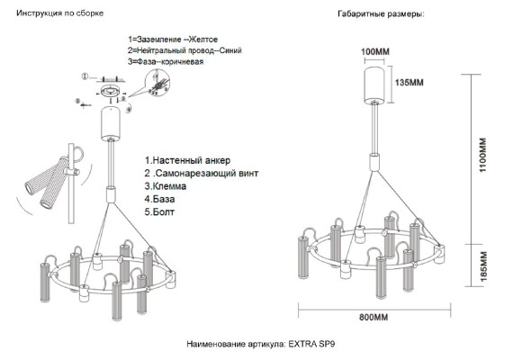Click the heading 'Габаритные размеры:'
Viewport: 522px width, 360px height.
click(380, 14)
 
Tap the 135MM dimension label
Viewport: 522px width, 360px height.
click(409, 83)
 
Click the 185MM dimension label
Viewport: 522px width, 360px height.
click(482, 265)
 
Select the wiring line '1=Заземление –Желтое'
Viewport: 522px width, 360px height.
click(173, 40)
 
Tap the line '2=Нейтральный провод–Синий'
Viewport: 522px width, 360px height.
click(184, 51)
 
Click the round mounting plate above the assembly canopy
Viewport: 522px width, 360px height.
click(112, 90)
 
